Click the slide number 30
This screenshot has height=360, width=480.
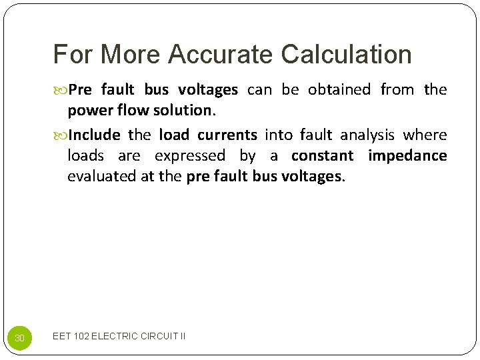(19, 339)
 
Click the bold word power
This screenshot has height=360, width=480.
(89, 110)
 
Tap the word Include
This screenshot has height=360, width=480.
(94, 135)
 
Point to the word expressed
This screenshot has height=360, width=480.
(190, 156)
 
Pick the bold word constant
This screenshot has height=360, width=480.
(323, 156)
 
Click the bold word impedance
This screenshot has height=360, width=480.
(407, 156)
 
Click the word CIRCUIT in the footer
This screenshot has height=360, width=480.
(160, 336)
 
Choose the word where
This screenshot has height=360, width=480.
(425, 135)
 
